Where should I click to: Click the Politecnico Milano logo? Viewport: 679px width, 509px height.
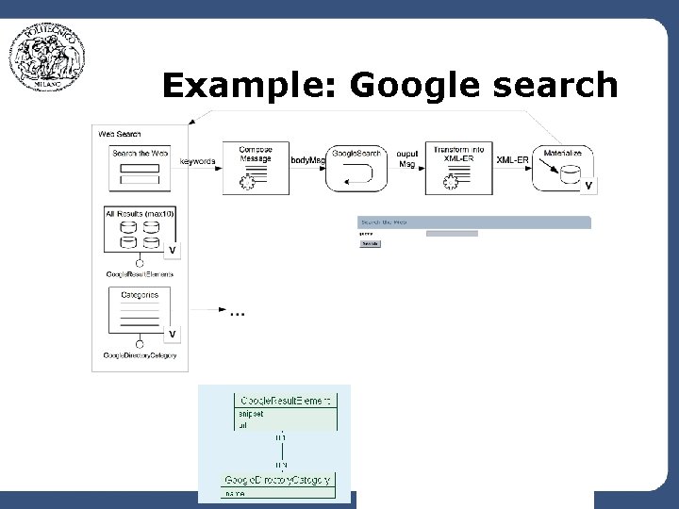pos(47,57)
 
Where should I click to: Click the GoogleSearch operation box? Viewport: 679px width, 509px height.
pos(356,168)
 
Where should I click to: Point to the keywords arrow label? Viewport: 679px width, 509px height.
pos(197,161)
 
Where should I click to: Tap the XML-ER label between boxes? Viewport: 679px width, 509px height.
pos(512,160)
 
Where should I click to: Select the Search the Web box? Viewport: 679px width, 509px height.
pos(140,168)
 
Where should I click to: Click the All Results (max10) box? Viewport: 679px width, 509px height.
pos(140,230)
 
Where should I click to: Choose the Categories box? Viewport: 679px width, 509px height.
pos(140,313)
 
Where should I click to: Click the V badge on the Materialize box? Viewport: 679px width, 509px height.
pos(588,187)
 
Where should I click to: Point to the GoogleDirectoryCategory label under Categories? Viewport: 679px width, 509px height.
pos(140,355)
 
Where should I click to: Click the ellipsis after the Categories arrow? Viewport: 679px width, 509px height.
pos(237,311)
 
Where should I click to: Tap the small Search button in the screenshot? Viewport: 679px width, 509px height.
pos(370,243)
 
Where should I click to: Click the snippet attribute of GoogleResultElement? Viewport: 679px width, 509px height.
pos(252,413)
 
